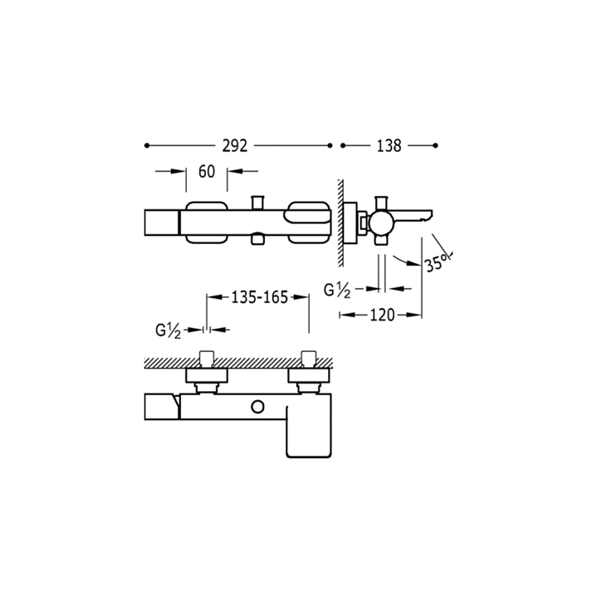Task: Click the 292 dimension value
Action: [x=234, y=146]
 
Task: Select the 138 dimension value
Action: [x=389, y=146]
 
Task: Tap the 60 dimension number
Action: [x=207, y=172]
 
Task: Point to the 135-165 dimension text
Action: [x=260, y=297]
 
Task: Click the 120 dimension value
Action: [x=382, y=316]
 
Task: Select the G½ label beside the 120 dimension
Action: [x=337, y=291]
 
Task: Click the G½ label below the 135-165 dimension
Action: [x=169, y=330]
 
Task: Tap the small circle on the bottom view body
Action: [x=257, y=407]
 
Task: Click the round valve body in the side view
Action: [x=381, y=223]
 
